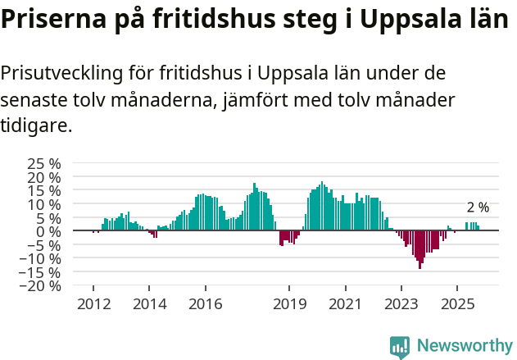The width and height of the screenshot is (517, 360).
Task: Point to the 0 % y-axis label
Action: coord(49,231)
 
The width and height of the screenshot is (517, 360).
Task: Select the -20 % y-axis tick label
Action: coord(43,286)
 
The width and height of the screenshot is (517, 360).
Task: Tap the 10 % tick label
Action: coord(45,203)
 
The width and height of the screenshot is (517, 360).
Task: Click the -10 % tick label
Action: coord(43,258)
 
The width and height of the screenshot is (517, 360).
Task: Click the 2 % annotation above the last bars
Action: coord(478,207)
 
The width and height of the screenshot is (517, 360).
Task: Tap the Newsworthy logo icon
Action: coord(400,347)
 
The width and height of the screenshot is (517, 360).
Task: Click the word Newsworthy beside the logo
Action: coord(465,346)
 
